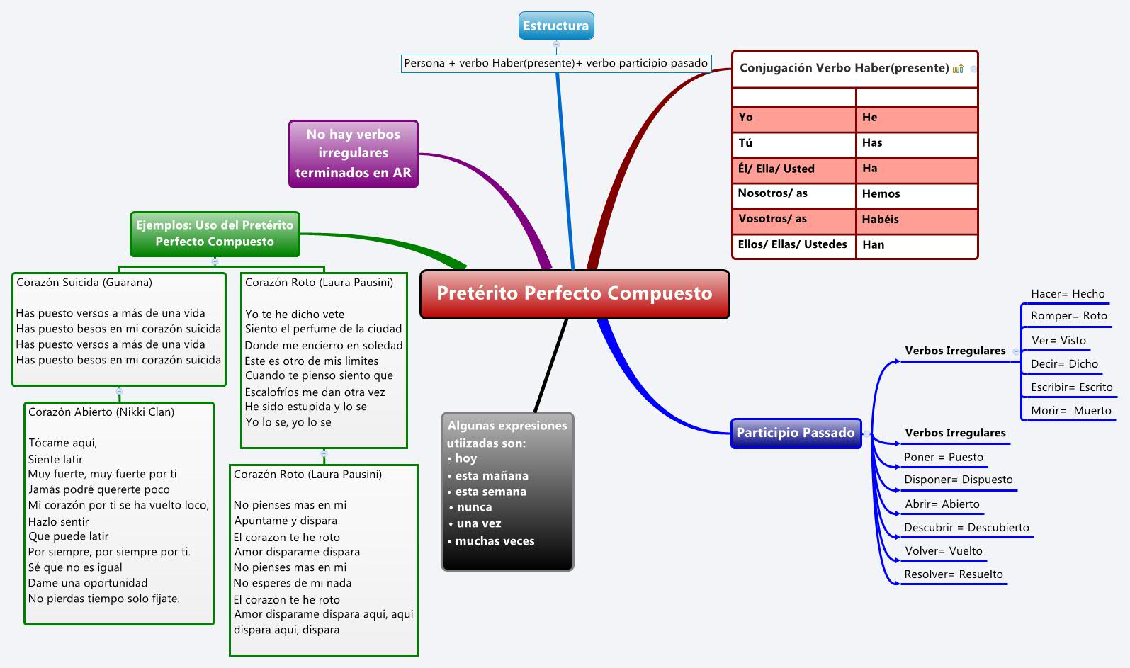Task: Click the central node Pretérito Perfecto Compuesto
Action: point(574,293)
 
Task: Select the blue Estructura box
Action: point(555,26)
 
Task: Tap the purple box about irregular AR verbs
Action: point(353,153)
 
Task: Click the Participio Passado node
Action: point(795,433)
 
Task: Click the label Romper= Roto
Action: point(1068,316)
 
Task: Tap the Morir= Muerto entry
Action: point(1070,411)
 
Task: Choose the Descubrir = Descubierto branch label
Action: point(966,528)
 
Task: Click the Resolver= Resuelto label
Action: point(953,574)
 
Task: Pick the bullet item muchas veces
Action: point(495,541)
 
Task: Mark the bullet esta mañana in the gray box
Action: point(491,476)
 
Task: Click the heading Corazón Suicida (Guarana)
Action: point(84,283)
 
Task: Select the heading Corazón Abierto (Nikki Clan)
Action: point(101,412)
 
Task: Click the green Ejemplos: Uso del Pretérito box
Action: point(215,234)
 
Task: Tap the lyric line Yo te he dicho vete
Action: point(295,314)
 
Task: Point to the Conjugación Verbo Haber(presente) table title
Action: point(844,68)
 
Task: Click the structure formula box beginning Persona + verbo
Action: point(555,63)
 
